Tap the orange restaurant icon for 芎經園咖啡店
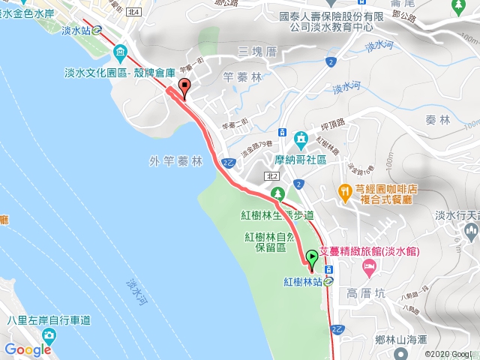(345, 192)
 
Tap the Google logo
(28, 349)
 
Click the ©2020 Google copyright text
(451, 354)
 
